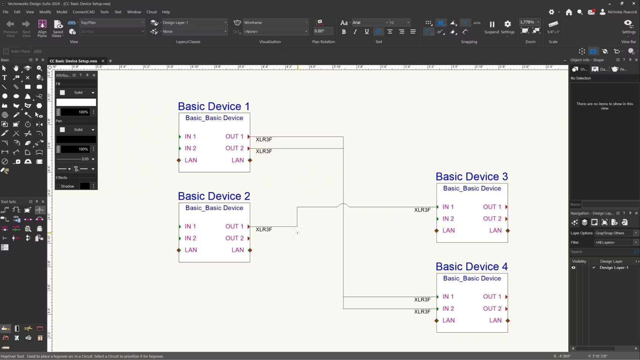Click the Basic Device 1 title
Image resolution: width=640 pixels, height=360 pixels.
(214, 106)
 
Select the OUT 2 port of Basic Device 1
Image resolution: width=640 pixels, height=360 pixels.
(235, 148)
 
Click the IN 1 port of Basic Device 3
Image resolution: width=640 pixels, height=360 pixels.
(448, 207)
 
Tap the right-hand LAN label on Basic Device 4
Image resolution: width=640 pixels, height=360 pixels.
(495, 320)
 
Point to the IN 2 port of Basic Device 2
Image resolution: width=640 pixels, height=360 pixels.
(190, 238)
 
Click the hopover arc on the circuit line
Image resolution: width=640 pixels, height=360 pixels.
(343, 205)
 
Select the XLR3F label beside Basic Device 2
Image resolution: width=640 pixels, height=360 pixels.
(264, 229)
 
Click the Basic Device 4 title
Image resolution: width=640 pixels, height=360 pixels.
(472, 267)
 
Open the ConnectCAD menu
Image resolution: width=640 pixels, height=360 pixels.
(83, 12)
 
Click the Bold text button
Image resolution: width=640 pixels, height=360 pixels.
(344, 32)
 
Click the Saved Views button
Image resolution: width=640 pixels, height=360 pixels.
(58, 29)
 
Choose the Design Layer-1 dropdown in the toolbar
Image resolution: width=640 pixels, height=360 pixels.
(194, 22)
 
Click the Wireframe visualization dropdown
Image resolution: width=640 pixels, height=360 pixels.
(275, 22)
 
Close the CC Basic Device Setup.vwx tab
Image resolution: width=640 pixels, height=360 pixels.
(103, 61)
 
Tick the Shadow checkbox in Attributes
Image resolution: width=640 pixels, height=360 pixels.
(58, 186)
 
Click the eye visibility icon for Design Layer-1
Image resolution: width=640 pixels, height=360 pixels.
(573, 267)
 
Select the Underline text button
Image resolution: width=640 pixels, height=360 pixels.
(366, 32)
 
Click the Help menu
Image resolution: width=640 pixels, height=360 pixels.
(166, 12)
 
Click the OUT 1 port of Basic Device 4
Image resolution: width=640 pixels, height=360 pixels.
(492, 297)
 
